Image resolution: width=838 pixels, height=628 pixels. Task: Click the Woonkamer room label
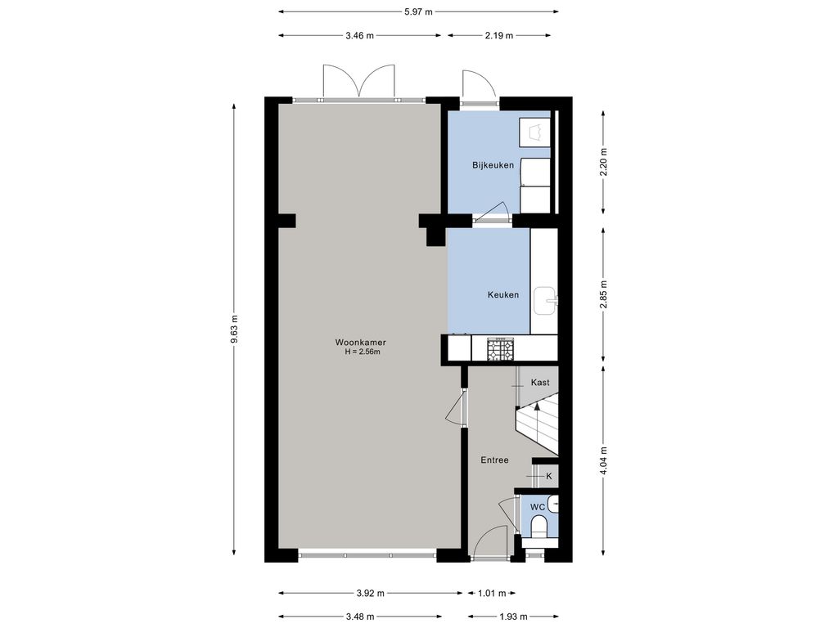pyautogui.click(x=360, y=343)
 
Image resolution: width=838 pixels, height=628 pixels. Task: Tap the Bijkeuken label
pyautogui.click(x=493, y=165)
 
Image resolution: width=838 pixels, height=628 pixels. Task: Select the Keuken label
pyautogui.click(x=503, y=294)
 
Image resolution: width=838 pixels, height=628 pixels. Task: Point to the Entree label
pyautogui.click(x=494, y=460)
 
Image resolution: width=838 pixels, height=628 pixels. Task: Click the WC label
pyautogui.click(x=538, y=507)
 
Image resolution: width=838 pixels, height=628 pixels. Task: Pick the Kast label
pyautogui.click(x=540, y=383)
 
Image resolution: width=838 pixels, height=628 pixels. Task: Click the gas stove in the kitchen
pyautogui.click(x=500, y=349)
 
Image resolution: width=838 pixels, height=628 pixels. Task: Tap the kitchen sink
pyautogui.click(x=546, y=301)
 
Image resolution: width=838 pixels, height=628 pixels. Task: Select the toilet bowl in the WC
pyautogui.click(x=539, y=527)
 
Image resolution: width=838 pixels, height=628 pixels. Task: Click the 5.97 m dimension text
pyautogui.click(x=418, y=11)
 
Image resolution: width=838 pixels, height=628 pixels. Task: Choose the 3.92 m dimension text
pyautogui.click(x=371, y=594)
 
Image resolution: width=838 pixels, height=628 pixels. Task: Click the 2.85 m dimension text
pyautogui.click(x=603, y=294)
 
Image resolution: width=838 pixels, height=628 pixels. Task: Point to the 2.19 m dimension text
pyautogui.click(x=498, y=36)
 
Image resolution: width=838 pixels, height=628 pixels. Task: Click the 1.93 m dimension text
pyautogui.click(x=514, y=617)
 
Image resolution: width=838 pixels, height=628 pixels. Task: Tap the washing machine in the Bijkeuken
pyautogui.click(x=535, y=132)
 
